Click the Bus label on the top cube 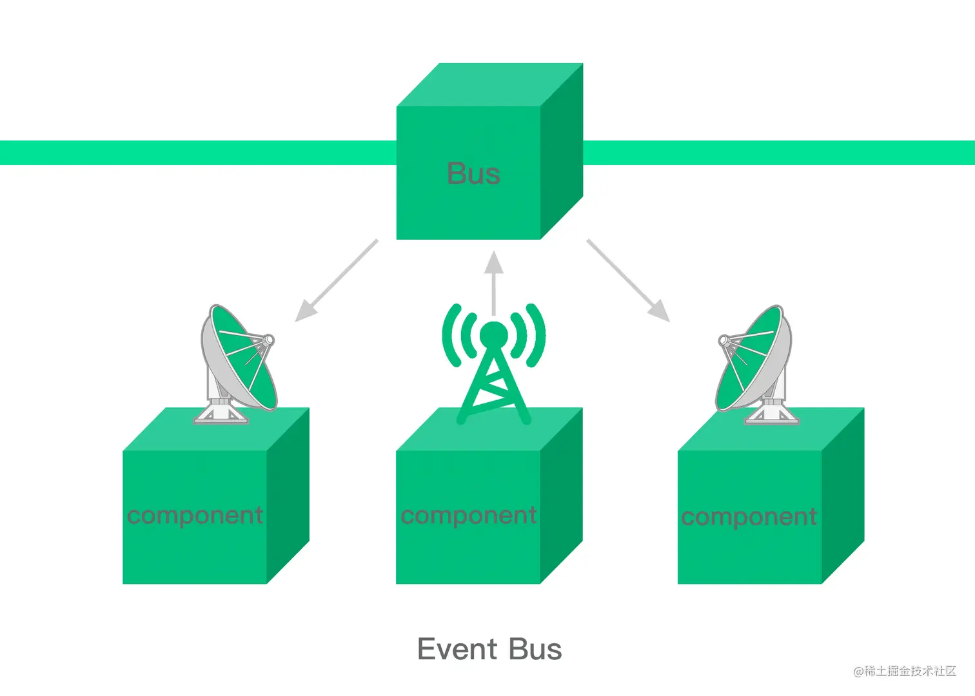point(473,174)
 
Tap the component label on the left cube point(195,516)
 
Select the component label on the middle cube point(469,516)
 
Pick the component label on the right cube point(749,517)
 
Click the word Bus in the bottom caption point(535,650)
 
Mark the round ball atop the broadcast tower point(494,334)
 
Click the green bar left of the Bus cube point(193,153)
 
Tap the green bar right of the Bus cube point(774,153)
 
